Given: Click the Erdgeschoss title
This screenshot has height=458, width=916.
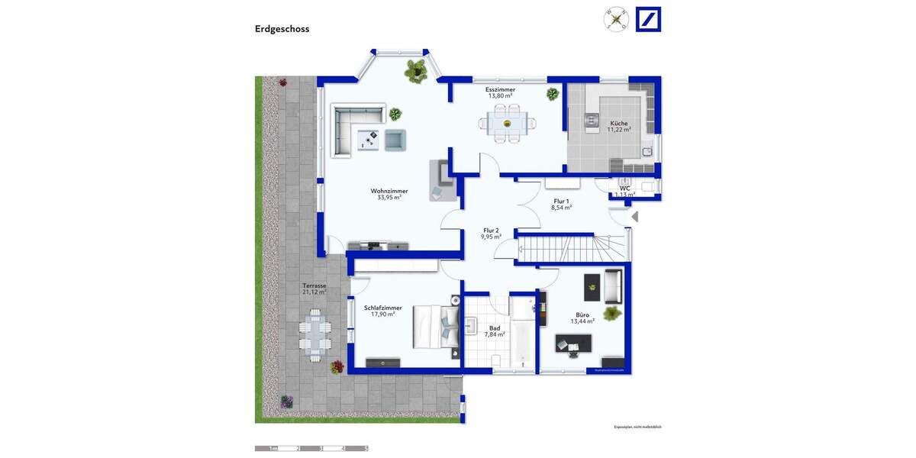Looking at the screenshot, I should tap(282, 29).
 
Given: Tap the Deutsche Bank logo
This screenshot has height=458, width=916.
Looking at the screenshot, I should tap(648, 19).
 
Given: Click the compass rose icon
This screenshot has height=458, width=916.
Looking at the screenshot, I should tap(615, 18).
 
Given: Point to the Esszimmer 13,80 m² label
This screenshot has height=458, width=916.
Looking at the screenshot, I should tap(500, 92).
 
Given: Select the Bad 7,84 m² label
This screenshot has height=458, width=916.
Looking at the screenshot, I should tap(494, 331).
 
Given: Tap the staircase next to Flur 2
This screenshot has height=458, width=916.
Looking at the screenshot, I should tap(572, 247).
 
